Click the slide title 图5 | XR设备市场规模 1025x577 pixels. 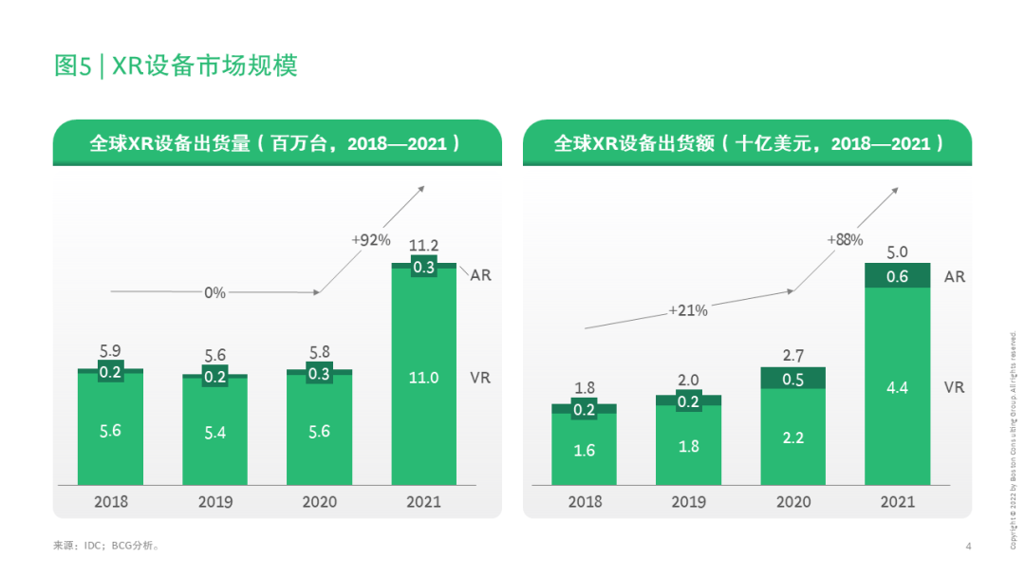pyautogui.click(x=177, y=65)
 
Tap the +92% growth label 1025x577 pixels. pyautogui.click(x=371, y=240)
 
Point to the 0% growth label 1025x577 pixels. pyautogui.click(x=215, y=292)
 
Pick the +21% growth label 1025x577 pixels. pyautogui.click(x=688, y=309)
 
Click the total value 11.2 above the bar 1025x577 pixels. pyautogui.click(x=423, y=246)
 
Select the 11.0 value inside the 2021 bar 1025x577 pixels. pyautogui.click(x=423, y=378)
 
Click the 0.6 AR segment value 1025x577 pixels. pyautogui.click(x=897, y=276)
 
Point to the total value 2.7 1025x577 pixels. pyautogui.click(x=792, y=356)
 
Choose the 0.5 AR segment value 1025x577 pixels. pyautogui.click(x=792, y=380)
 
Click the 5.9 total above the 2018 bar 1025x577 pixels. pyautogui.click(x=110, y=351)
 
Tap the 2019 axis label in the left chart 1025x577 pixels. pyautogui.click(x=214, y=502)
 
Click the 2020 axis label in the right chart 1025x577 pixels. pyautogui.click(x=792, y=502)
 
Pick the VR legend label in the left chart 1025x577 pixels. pyautogui.click(x=480, y=378)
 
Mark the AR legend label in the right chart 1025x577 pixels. pyautogui.click(x=954, y=277)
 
